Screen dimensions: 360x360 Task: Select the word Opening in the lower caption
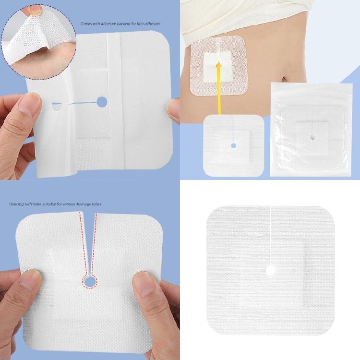click(x=15, y=204)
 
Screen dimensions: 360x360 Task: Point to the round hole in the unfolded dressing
click(x=102, y=101)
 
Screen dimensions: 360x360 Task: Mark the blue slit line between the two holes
click(x=79, y=103)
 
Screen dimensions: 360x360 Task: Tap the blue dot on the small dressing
click(x=233, y=145)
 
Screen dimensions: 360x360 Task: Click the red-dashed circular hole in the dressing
click(x=89, y=281)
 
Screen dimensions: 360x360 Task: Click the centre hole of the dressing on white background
click(x=270, y=271)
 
